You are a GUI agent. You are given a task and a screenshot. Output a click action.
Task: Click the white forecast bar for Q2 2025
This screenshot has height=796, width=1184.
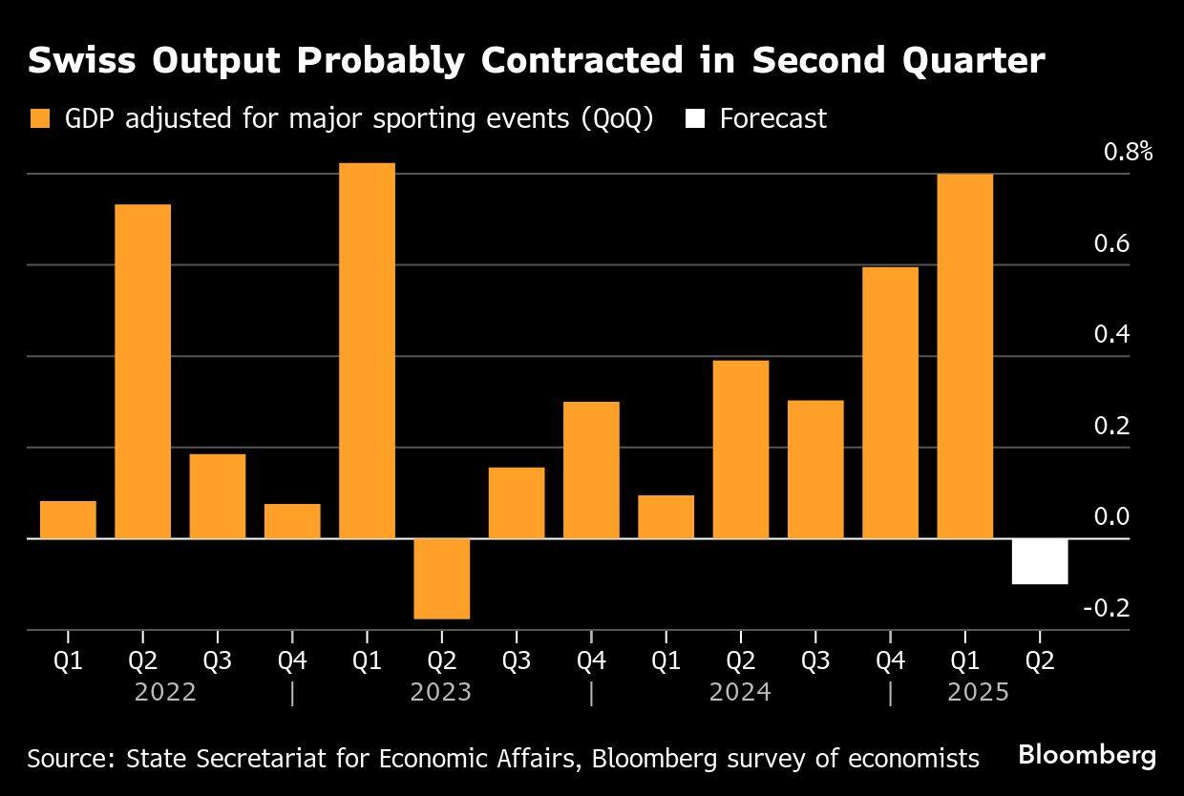click(1039, 561)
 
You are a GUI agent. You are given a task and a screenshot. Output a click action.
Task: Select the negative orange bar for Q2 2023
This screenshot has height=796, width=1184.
click(441, 578)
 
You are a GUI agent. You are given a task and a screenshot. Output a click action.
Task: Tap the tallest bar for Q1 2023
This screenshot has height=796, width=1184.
click(367, 350)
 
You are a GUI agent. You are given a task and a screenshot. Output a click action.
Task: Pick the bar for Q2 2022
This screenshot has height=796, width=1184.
click(142, 371)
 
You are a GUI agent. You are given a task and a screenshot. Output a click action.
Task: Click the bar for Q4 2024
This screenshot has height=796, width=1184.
click(890, 402)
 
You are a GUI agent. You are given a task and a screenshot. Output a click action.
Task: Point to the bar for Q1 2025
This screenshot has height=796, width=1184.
click(964, 356)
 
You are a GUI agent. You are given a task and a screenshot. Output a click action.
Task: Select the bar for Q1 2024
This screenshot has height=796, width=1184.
click(666, 516)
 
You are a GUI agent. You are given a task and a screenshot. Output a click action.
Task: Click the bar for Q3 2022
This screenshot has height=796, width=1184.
click(217, 495)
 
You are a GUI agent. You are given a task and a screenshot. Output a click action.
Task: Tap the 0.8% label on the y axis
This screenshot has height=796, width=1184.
click(1128, 152)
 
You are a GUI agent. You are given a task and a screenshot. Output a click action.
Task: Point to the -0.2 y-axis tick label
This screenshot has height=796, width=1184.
click(1106, 608)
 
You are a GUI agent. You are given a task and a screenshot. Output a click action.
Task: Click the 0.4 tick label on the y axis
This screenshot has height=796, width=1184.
click(1110, 334)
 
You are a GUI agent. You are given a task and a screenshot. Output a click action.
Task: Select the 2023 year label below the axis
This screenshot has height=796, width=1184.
click(440, 692)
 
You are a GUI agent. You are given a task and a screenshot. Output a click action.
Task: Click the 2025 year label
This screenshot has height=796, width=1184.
click(978, 692)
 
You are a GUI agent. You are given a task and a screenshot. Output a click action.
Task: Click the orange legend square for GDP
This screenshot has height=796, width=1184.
click(40, 119)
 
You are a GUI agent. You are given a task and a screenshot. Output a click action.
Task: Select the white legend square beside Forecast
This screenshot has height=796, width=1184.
click(695, 119)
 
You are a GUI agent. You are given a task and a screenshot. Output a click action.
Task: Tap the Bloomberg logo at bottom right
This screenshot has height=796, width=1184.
click(1087, 755)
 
